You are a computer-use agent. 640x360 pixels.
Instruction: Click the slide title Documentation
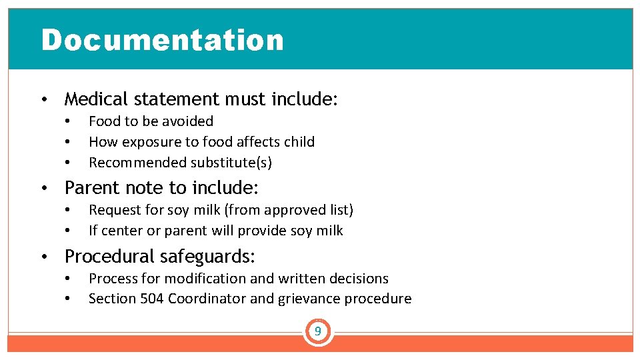coord(162,40)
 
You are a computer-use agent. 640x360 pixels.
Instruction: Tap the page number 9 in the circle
coord(318,331)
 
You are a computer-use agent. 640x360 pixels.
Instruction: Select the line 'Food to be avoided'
coord(151,121)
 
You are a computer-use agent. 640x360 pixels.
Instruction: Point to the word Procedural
coord(110,257)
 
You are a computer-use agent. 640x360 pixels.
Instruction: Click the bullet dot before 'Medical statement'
coord(43,101)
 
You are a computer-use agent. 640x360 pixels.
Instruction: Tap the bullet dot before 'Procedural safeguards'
coord(43,257)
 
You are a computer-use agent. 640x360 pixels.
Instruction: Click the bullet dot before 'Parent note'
coord(43,188)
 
